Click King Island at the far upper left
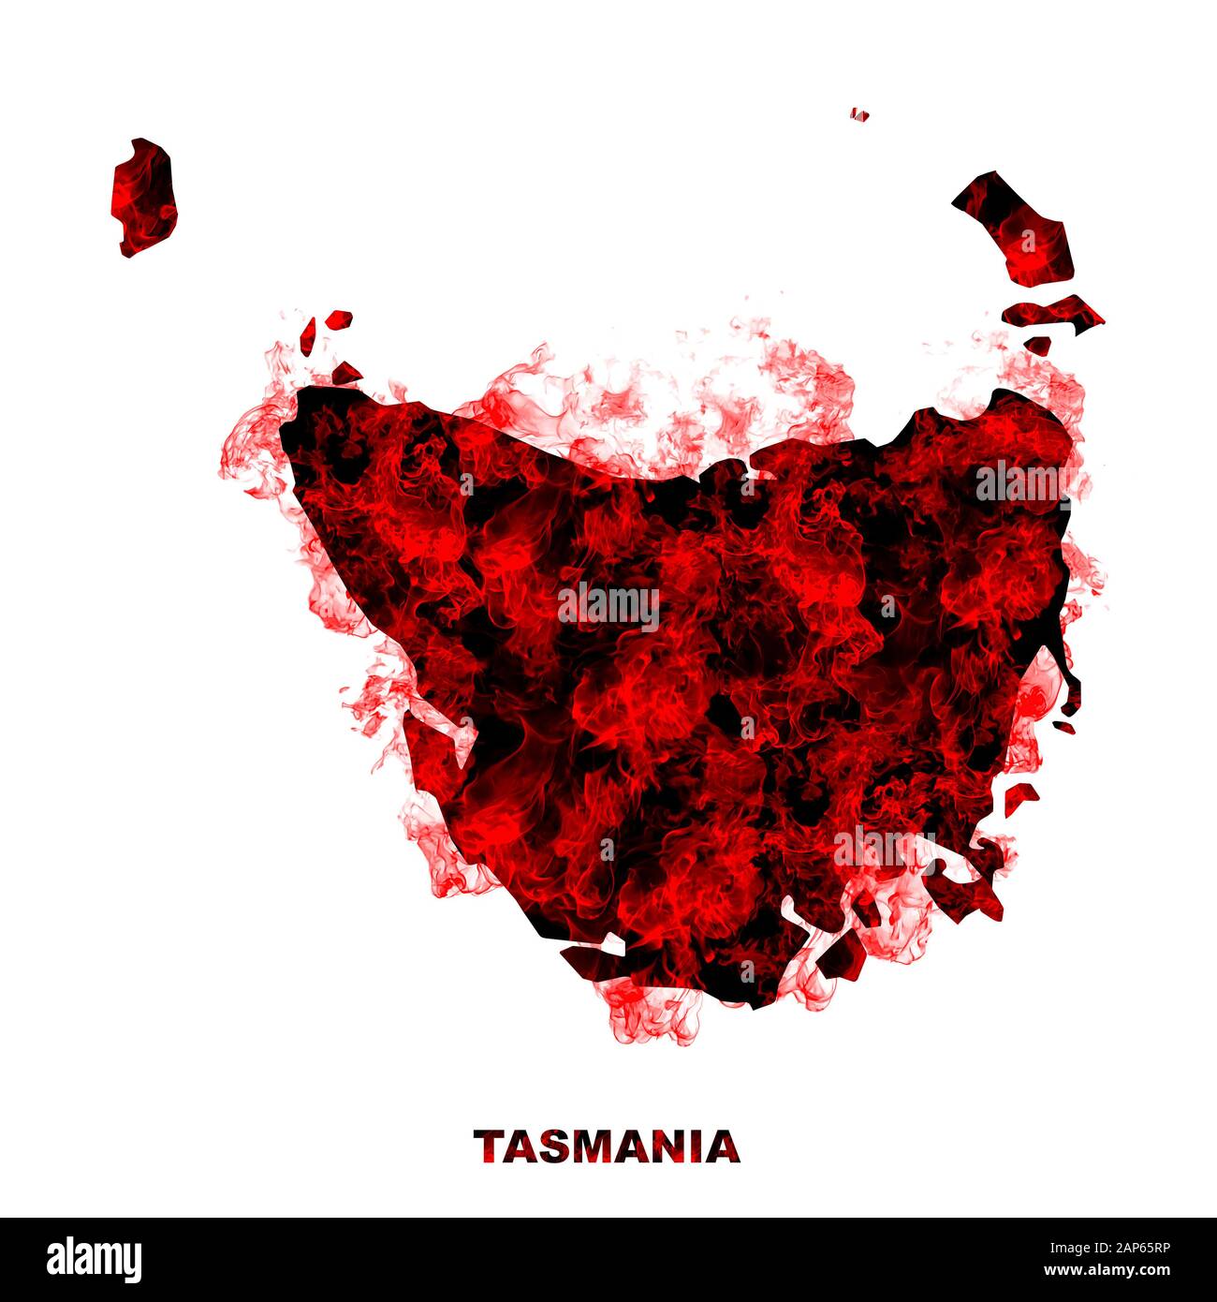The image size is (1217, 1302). coord(144,198)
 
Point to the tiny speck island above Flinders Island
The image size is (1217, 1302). coord(859,115)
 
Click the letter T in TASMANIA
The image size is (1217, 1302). coord(490,1147)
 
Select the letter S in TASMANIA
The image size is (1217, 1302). coord(554,1147)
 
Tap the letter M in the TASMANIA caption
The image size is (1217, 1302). coord(593,1147)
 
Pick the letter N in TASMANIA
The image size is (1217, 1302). coord(667,1147)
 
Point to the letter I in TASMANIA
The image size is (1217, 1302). coord(696,1147)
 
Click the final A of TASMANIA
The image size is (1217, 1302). coord(723,1147)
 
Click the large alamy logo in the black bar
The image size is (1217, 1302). coord(94,1260)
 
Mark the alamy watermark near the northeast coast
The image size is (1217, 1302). coord(1024,481)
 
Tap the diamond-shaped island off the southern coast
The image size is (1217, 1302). coord(842,956)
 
